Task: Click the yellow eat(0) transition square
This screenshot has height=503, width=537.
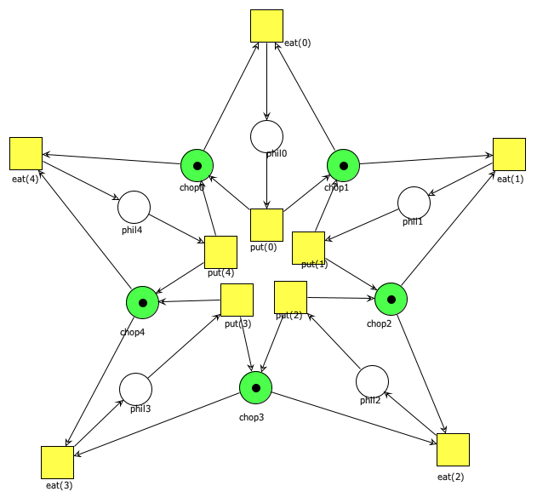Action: [266, 26]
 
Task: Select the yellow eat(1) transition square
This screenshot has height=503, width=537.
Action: [509, 154]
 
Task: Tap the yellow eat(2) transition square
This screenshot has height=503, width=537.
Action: [453, 449]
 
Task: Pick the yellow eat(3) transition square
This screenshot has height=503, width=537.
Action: [57, 462]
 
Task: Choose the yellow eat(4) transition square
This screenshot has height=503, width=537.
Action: [26, 153]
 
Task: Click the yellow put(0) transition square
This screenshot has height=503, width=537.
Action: [266, 225]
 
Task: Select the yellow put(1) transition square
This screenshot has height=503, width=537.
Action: [308, 248]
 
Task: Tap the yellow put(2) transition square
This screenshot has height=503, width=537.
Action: [290, 297]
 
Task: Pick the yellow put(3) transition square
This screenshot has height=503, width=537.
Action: [237, 300]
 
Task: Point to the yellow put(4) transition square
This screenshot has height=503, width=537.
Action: [220, 252]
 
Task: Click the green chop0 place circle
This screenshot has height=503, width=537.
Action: [197, 165]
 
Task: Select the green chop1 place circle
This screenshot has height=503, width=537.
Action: [344, 165]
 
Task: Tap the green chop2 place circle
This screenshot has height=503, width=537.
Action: [391, 300]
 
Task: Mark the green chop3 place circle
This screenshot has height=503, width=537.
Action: [254, 388]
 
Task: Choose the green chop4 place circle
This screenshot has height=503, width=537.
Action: [142, 303]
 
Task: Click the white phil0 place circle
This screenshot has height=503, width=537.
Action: [266, 136]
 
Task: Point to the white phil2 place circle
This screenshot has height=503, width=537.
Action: [372, 381]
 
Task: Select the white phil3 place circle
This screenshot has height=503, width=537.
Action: [135, 389]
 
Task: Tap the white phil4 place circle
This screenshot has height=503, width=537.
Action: [134, 207]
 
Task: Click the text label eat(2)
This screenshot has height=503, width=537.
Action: [451, 477]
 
